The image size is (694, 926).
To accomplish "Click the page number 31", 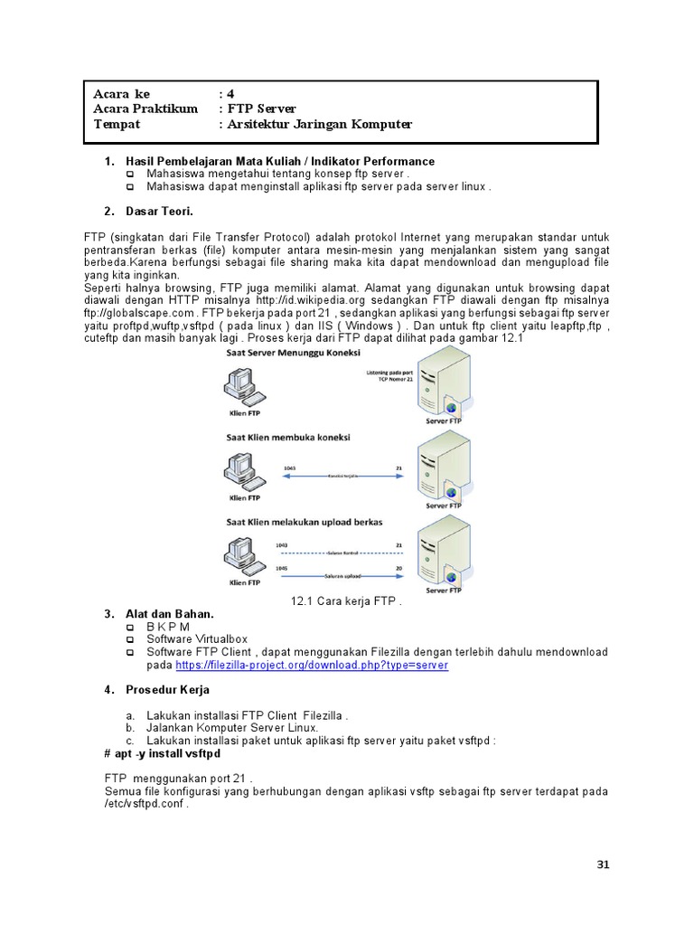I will coord(604,865).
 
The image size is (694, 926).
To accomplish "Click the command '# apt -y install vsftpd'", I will coord(164,753).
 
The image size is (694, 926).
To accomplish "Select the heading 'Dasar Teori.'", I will coord(160,212).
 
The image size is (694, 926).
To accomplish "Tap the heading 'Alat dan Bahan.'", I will coord(173,614).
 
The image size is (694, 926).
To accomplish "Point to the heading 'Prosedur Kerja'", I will coord(168,690).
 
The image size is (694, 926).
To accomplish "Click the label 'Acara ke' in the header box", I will coord(121,94).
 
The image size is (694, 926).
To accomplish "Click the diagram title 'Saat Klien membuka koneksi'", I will coord(286,437).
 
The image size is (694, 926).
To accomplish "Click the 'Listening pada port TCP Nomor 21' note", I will coord(391,375).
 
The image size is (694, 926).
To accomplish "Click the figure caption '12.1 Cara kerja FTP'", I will coord(345,600).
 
